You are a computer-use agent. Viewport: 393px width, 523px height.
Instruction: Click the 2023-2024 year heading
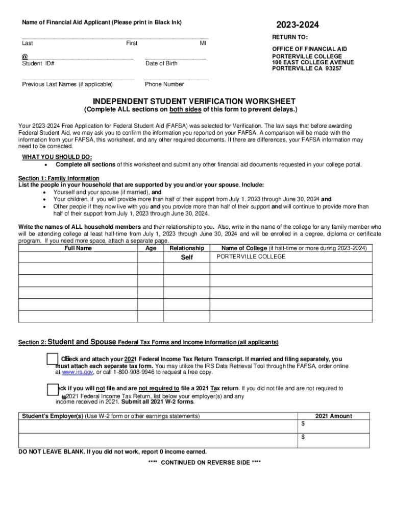297,25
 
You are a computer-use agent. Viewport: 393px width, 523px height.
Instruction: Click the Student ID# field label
38,64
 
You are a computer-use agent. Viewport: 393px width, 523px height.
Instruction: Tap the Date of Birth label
161,64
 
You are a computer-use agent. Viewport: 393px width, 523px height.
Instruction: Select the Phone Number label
164,84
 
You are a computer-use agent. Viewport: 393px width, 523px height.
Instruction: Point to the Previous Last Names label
67,84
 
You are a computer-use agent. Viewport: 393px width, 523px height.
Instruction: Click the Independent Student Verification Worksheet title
190,101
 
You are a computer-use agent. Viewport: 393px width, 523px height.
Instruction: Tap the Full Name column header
78,248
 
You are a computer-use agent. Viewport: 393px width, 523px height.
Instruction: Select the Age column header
151,248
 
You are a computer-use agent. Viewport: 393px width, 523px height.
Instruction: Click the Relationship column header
187,248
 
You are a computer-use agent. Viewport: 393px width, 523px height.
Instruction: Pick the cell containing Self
187,257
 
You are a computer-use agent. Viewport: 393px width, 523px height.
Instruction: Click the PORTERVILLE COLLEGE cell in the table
251,257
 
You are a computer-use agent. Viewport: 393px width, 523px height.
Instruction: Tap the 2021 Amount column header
333,416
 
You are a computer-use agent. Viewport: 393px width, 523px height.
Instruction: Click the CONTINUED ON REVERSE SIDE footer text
204,462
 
